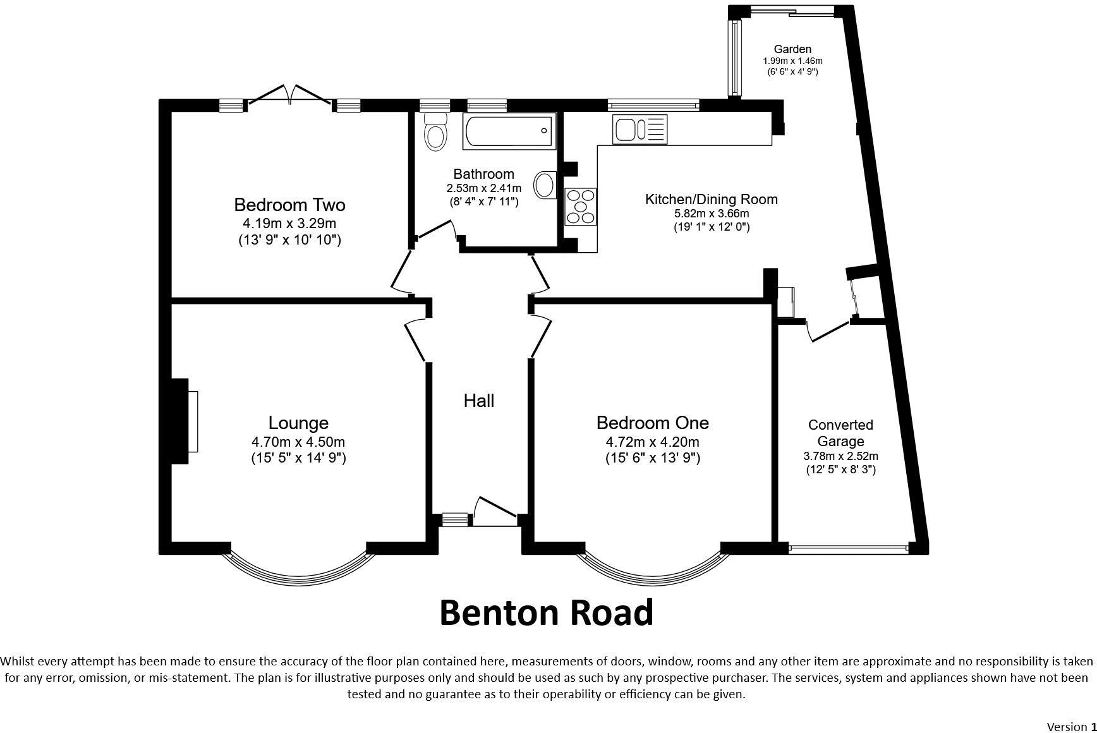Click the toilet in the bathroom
point(435,131)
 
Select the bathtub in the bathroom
point(509,131)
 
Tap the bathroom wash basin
point(543,186)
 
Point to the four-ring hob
point(581,207)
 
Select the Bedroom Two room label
point(289,205)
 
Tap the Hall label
point(479,401)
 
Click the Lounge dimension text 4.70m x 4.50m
point(298,442)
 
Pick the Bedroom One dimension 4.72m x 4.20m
point(652,442)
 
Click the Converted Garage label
point(840,433)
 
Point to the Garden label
point(792,49)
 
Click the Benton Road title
point(546,613)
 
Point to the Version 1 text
point(1071,726)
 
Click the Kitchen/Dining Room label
point(711,199)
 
